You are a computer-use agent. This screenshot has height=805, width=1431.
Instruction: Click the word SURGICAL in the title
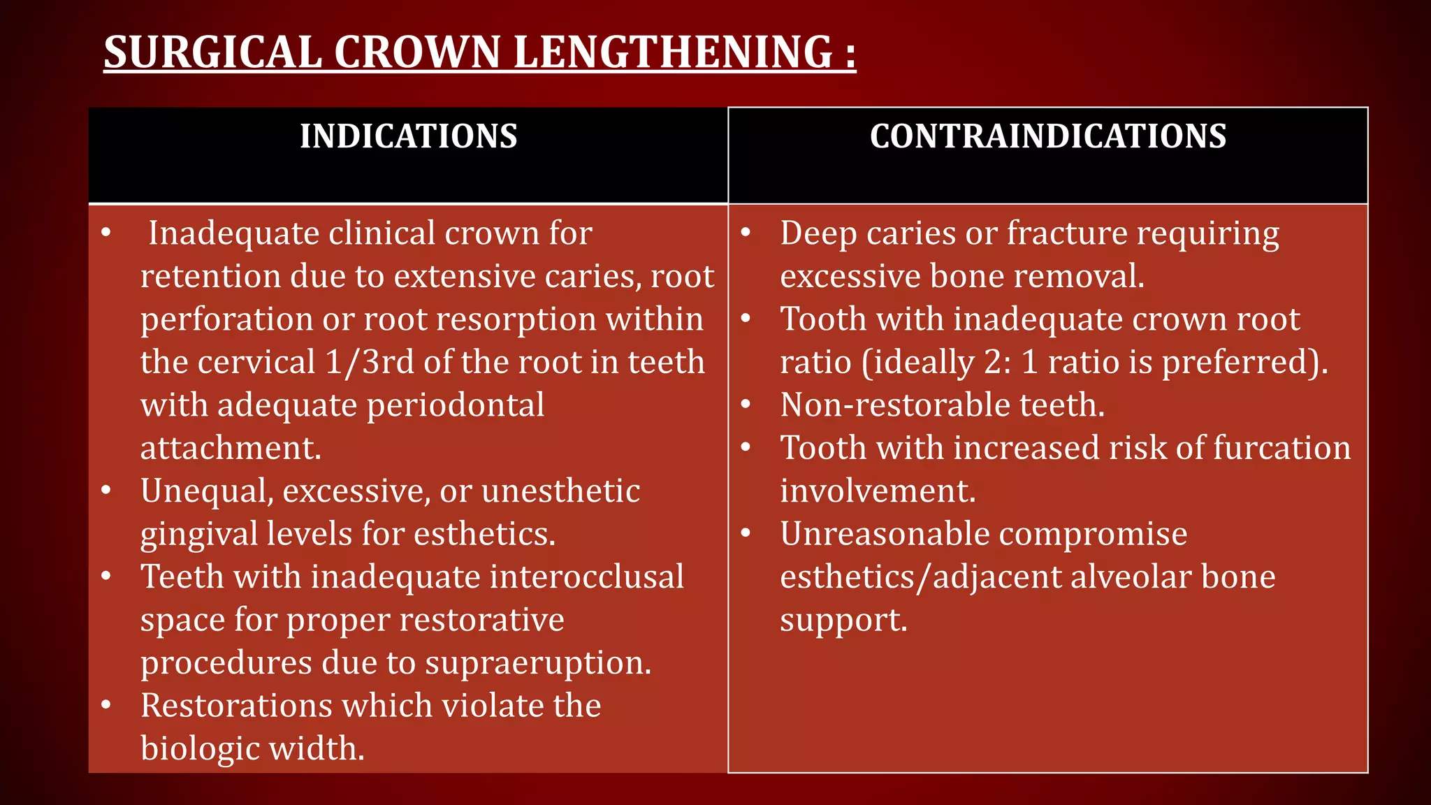coord(212,52)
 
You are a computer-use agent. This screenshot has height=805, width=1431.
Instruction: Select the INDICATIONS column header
coord(408,136)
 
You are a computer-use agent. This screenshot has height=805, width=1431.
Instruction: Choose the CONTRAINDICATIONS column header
coord(1047,136)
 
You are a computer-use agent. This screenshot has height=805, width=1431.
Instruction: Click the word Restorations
coord(236,706)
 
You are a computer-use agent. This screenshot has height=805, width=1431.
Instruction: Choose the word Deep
coord(818,234)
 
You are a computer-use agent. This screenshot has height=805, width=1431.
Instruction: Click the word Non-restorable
coord(894,405)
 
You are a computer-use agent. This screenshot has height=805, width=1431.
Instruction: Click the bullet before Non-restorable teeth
coord(746,405)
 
